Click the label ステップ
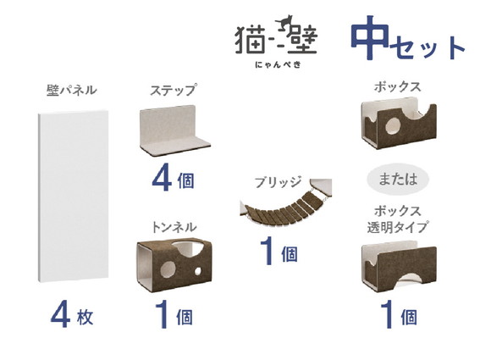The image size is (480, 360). click(173, 90)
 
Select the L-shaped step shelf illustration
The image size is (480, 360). click(174, 131)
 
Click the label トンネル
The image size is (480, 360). click(173, 227)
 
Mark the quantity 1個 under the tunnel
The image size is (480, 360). click(173, 318)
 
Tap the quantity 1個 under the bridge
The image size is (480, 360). click(279, 252)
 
